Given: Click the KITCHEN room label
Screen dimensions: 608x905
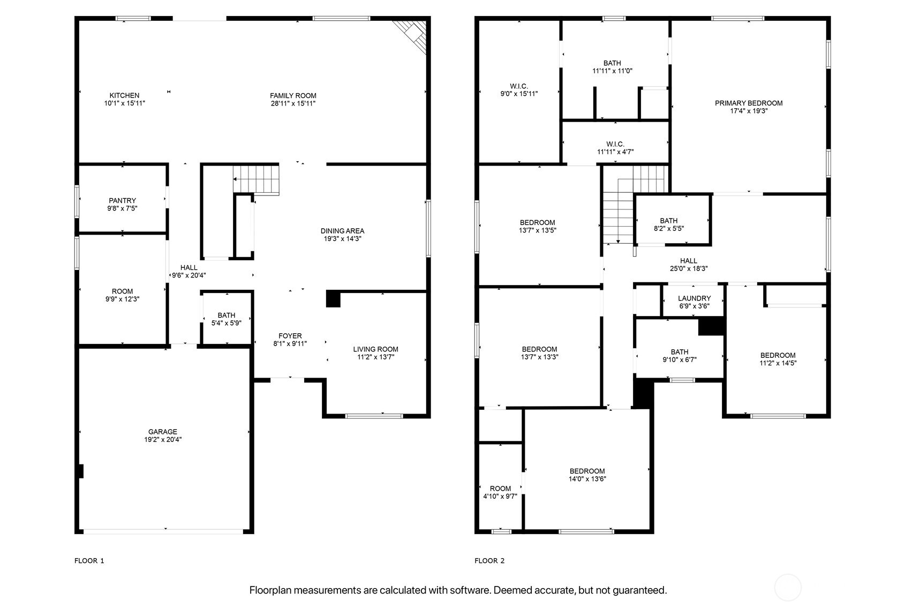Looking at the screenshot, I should tap(124, 95).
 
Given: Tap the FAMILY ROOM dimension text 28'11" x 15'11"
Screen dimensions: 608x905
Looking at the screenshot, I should tap(293, 103).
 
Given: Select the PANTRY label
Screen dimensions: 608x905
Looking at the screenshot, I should tap(122, 200).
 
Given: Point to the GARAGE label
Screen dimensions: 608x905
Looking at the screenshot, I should tap(162, 432).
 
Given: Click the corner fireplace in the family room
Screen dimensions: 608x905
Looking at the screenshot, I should tap(413, 35).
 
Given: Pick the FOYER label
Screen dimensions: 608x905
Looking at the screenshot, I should tap(290, 336).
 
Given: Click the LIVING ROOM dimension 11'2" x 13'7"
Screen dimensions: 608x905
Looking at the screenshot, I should tap(375, 357).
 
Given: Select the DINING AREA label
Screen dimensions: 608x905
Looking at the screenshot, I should tap(342, 231).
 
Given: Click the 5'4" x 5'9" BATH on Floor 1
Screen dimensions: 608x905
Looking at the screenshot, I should tap(226, 319).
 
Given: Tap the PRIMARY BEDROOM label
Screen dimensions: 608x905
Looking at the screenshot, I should tap(748, 103).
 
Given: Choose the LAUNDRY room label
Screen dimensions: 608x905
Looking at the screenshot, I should tap(694, 298).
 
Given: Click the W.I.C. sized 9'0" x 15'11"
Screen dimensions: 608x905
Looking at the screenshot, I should tap(519, 89).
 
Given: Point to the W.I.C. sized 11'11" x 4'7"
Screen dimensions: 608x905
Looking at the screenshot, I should tap(615, 148).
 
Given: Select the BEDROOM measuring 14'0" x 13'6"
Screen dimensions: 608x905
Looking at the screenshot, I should tap(587, 475).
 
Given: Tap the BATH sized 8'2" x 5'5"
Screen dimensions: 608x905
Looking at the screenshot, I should tap(668, 224).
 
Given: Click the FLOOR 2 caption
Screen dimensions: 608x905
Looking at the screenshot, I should tap(489, 561).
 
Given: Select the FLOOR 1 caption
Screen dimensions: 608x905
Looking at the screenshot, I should tap(89, 561).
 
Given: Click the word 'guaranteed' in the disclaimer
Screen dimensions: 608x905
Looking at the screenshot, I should tap(639, 590).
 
